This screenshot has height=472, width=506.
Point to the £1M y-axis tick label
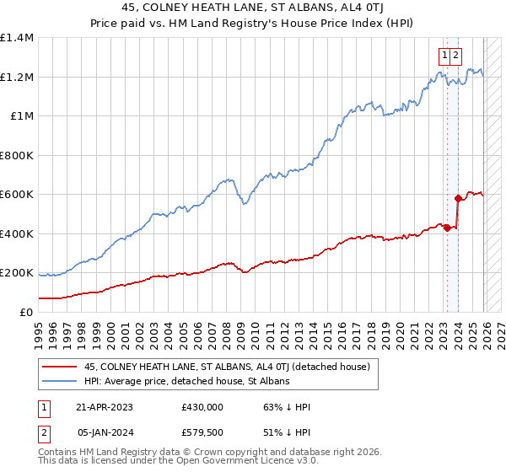[x=22, y=116]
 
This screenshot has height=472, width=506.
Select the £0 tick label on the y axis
[x=26, y=313]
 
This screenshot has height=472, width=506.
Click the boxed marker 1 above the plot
[x=444, y=56]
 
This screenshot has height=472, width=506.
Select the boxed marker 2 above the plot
[x=455, y=56]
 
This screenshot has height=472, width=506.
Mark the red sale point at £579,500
[x=458, y=199]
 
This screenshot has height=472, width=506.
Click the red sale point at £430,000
[x=448, y=228]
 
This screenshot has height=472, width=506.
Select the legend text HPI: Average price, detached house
[x=186, y=382]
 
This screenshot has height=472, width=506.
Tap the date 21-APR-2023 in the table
[x=105, y=406]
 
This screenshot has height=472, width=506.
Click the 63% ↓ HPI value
[x=270, y=406]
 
